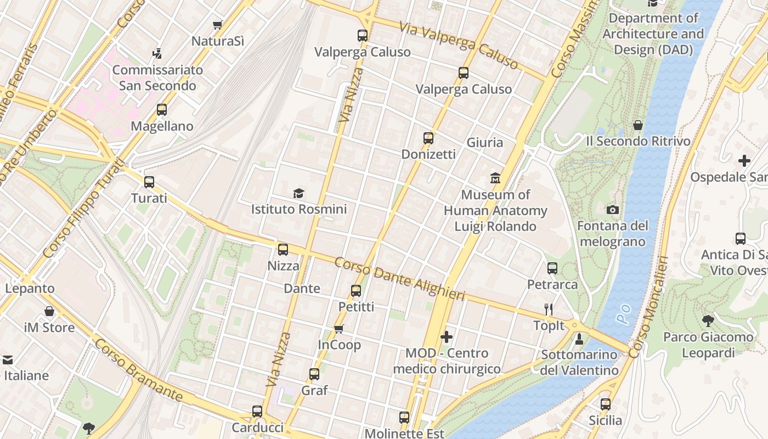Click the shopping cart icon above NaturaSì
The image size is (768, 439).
pyautogui.click(x=218, y=25)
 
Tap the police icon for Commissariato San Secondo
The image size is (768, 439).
pyautogui.click(x=157, y=54)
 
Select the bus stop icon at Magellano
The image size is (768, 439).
pyautogui.click(x=161, y=109)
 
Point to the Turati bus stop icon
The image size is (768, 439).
pyautogui.click(x=149, y=182)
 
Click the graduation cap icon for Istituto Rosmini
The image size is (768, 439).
pyautogui.click(x=298, y=193)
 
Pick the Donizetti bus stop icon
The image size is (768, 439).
pyautogui.click(x=428, y=138)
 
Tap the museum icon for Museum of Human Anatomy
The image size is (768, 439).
pyautogui.click(x=495, y=178)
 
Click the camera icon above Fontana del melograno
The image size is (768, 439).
pyautogui.click(x=613, y=210)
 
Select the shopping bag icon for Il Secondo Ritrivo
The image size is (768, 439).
pyautogui.click(x=638, y=125)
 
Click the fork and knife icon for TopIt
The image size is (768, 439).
pyautogui.click(x=548, y=309)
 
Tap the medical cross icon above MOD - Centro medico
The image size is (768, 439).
pyautogui.click(x=447, y=336)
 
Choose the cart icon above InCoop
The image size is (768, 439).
pyautogui.click(x=339, y=329)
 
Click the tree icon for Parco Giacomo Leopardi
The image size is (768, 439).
pyautogui.click(x=708, y=320)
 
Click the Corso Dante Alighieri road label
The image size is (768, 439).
pyautogui.click(x=399, y=279)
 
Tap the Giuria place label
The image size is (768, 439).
pyautogui.click(x=484, y=143)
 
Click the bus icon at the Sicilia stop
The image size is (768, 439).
pyautogui.click(x=605, y=404)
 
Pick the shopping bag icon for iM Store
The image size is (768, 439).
pyautogui.click(x=49, y=312)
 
